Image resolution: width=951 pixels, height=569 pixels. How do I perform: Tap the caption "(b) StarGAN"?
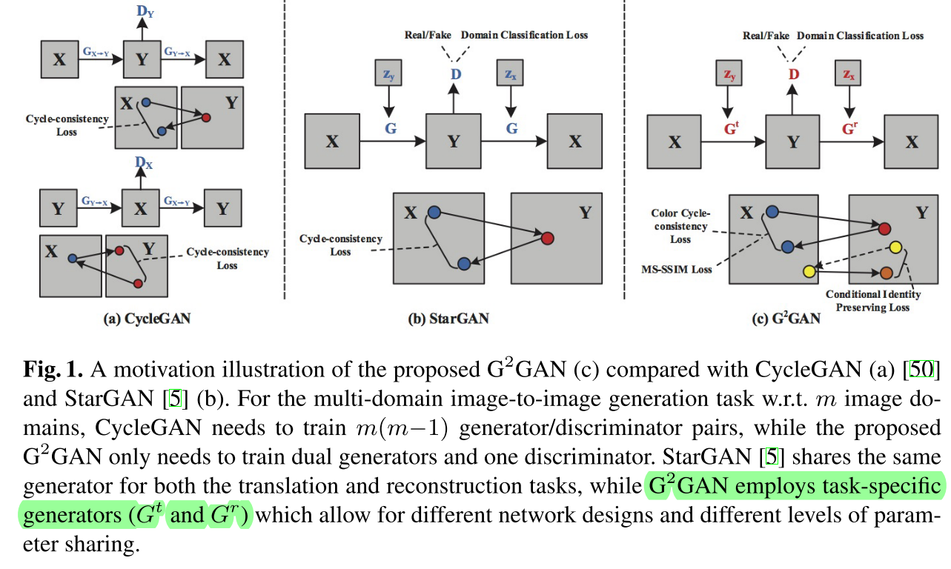(448, 319)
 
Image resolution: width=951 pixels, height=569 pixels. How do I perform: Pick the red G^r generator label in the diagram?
(850, 127)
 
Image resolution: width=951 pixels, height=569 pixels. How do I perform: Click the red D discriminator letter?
(794, 74)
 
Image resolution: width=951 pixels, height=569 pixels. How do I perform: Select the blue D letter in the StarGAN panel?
(454, 74)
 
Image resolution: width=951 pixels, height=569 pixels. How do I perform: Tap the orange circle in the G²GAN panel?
(886, 273)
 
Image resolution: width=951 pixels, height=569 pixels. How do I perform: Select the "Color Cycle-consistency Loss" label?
(680, 226)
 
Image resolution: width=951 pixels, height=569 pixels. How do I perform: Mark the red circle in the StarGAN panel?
(547, 239)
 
